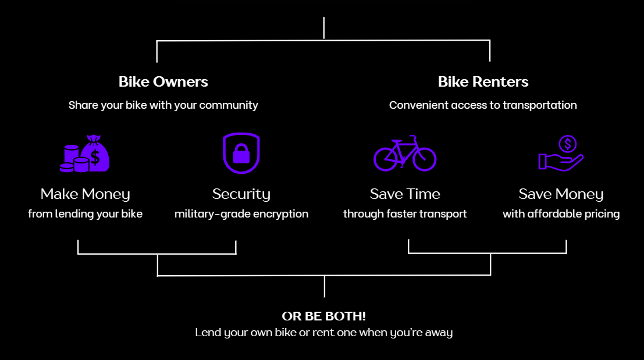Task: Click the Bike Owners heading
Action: coord(163,81)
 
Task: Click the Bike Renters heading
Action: coord(483,81)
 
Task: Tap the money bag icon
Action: coord(85,154)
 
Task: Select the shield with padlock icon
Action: coord(241,153)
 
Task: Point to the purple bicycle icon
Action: coord(404,153)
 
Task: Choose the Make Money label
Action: coord(85,194)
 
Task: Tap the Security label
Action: coord(241,194)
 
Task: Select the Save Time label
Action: coord(404,194)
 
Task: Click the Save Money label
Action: coord(561,194)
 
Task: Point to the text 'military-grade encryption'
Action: coord(241,214)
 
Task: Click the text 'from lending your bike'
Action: coord(85,214)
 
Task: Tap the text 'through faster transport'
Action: coord(404,214)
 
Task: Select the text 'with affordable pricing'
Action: coord(561,214)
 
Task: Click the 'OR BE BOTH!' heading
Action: coord(323,316)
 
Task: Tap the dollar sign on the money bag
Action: coord(95,158)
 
